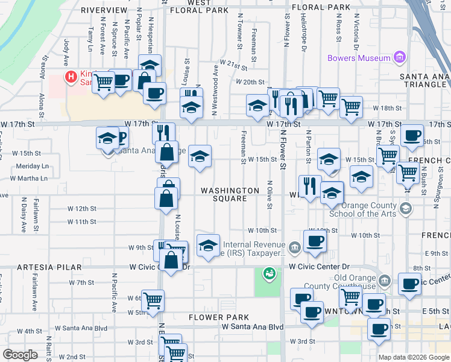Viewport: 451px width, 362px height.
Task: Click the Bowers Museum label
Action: (359, 59)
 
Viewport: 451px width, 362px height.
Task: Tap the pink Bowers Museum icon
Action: (399, 58)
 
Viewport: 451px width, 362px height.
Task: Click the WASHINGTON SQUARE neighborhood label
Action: (230, 194)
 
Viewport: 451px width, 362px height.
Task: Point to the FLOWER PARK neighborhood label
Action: (218, 317)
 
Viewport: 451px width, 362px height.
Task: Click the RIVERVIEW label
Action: (104, 10)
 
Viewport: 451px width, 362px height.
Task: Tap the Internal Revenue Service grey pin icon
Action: (295, 247)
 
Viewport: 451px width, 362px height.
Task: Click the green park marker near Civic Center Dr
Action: (268, 274)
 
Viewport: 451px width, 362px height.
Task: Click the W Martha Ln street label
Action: (28, 178)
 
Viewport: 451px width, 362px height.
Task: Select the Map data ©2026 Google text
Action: (413, 357)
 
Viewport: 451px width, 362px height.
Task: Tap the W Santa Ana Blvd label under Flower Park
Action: (252, 326)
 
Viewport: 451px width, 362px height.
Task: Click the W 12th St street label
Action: (82, 208)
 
